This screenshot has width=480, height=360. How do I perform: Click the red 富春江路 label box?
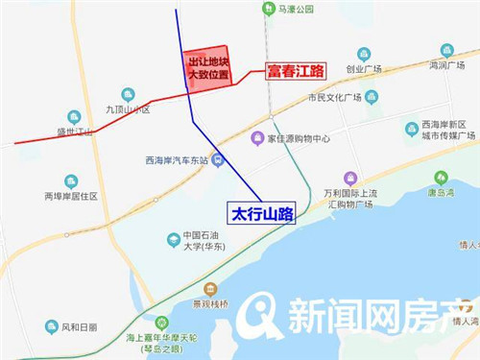click(296, 71)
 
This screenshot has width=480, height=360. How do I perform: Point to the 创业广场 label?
click(364, 69)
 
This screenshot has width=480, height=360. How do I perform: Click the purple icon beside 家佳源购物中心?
click(256, 138)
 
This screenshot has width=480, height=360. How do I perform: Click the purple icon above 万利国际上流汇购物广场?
click(350, 178)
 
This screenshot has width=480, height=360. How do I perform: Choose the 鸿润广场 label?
click(446, 65)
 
